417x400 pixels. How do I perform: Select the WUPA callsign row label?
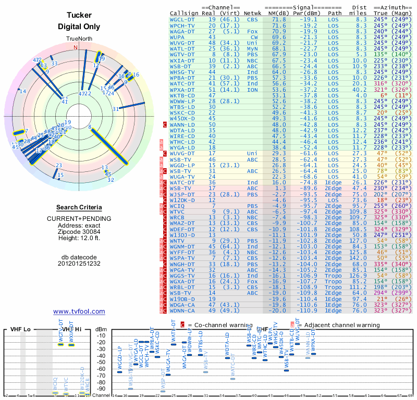[x=178, y=37]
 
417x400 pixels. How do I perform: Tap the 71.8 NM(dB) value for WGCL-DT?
[x=278, y=19]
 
